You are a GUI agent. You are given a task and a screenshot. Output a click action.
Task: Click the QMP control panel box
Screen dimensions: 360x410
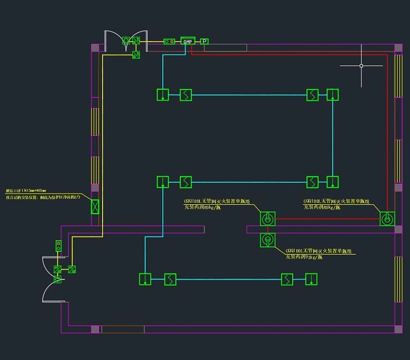pos(188,41)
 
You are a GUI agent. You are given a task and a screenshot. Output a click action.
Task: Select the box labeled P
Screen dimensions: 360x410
pos(204,41)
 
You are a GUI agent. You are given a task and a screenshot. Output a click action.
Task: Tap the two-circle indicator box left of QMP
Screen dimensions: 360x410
pos(169,41)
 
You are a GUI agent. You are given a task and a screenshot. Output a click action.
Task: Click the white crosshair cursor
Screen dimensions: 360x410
pos(361,66)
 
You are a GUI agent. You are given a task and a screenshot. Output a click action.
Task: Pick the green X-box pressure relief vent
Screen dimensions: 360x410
pos(95,206)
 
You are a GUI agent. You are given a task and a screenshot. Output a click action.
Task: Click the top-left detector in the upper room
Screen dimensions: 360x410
pos(162,95)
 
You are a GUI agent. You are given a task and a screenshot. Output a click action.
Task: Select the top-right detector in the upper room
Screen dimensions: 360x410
pos(333,95)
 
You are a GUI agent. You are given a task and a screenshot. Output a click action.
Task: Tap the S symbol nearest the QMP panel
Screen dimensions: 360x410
pos(186,95)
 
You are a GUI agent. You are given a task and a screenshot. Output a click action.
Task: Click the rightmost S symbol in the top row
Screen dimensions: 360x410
pos(313,95)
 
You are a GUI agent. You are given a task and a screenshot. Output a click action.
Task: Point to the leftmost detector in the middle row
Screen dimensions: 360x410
pos(162,182)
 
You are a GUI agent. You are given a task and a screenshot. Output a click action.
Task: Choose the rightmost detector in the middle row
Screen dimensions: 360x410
pos(333,182)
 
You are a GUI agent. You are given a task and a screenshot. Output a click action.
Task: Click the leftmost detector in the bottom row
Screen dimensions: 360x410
pos(146,279)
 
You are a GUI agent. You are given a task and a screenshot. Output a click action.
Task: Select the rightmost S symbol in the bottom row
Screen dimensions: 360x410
pos(288,279)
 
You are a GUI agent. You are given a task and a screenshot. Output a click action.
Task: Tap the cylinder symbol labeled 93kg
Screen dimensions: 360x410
pos(268,240)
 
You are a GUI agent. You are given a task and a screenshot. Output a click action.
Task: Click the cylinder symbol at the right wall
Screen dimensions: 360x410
pos(387,219)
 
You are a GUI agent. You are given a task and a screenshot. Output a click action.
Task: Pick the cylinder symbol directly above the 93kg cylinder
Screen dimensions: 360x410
pos(268,219)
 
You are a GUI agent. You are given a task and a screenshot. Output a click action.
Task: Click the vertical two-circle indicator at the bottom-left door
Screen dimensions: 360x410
pos(58,246)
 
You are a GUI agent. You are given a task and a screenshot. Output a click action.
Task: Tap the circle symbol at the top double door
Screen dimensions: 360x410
pos(126,40)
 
